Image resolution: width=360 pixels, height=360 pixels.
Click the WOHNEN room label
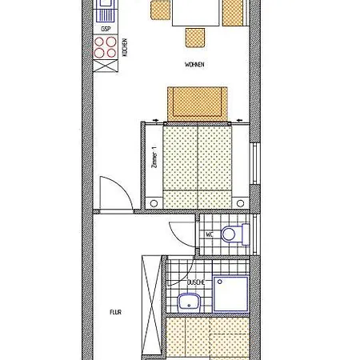(x=194, y=65)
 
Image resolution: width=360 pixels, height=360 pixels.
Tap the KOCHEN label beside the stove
(x=125, y=47)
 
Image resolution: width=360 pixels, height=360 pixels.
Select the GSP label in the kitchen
(x=106, y=29)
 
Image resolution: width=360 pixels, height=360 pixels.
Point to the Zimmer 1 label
(x=154, y=157)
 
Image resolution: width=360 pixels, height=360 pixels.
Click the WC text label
(x=210, y=234)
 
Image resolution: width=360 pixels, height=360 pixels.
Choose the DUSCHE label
(x=196, y=282)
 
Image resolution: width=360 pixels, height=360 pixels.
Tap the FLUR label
(x=115, y=312)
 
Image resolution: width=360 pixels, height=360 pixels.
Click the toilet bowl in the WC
(x=228, y=234)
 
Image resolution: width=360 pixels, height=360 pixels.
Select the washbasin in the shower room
(x=189, y=302)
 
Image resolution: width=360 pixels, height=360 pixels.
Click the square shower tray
(x=231, y=294)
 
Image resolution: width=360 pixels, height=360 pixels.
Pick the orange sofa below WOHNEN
(x=198, y=104)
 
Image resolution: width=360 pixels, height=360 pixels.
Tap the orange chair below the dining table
(x=195, y=38)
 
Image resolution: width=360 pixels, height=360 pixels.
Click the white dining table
(x=196, y=13)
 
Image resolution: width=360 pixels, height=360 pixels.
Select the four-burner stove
(x=106, y=47)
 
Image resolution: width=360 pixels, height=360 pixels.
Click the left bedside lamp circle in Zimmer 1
(x=154, y=203)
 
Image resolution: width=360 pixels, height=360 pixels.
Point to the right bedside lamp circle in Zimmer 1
(x=240, y=203)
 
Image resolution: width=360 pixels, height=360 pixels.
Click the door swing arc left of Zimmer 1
(x=124, y=186)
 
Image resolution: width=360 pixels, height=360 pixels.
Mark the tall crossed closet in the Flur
(x=151, y=306)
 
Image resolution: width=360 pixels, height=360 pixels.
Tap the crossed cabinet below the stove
(x=106, y=66)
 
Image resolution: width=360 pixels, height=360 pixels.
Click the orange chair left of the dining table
(x=160, y=10)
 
